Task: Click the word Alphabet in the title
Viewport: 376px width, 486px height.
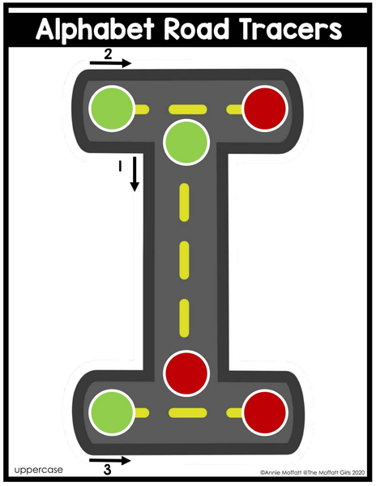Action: (95, 29)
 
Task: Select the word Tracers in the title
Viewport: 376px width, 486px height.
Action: (290, 29)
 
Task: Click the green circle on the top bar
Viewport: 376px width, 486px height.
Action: (112, 109)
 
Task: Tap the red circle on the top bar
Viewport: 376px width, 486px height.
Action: (265, 109)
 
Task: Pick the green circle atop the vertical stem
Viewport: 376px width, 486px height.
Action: (186, 143)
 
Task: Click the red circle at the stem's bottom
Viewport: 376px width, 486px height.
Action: (186, 373)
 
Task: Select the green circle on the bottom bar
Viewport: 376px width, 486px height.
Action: (112, 412)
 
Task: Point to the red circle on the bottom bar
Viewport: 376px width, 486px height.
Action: (265, 412)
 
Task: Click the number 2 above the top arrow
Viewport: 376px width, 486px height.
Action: (108, 54)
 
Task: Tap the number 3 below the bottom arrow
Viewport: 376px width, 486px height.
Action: (107, 470)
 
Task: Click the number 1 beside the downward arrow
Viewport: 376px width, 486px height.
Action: (120, 166)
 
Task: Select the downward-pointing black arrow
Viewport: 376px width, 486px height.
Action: (135, 173)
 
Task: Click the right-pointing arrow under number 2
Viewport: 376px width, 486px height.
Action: (111, 63)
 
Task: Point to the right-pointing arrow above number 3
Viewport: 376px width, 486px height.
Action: (110, 460)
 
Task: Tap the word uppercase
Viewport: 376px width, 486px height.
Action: (38, 470)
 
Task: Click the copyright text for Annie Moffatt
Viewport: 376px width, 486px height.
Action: (313, 473)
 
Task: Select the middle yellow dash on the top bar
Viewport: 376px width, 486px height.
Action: (188, 109)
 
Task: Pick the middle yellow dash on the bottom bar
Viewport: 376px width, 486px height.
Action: (188, 412)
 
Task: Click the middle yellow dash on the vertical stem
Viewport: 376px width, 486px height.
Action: (185, 260)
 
